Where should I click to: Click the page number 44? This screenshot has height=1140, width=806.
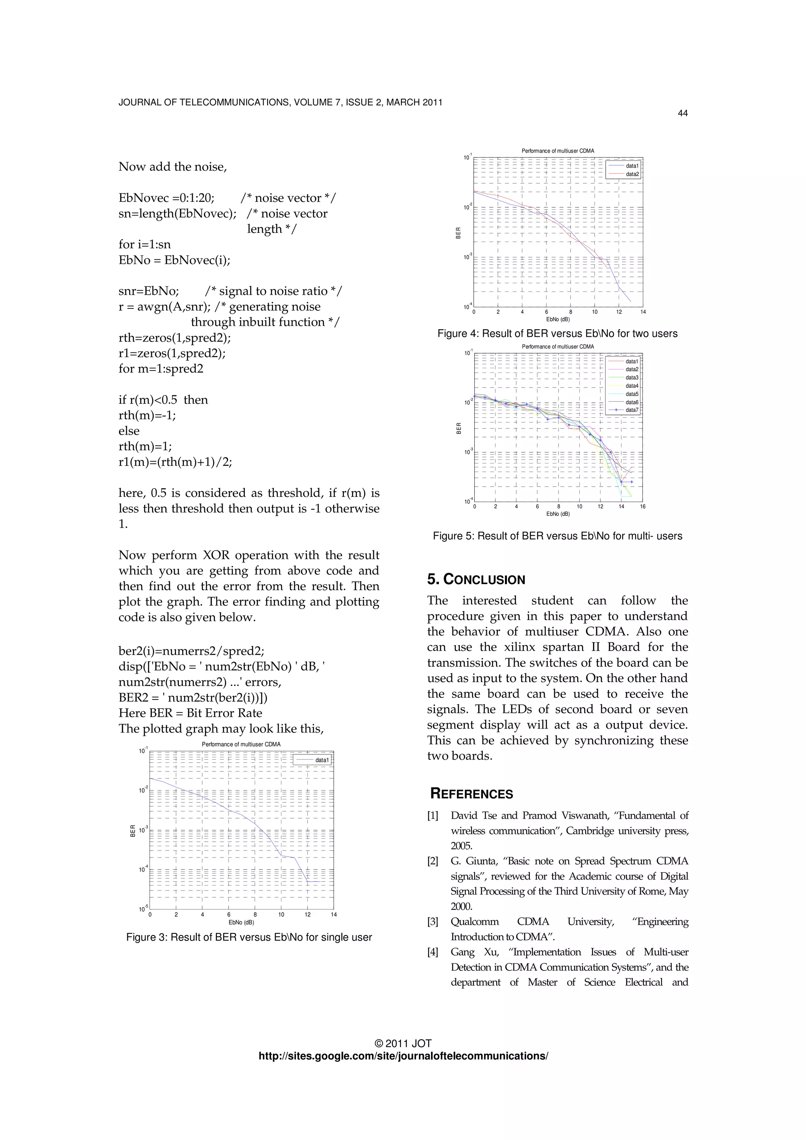tap(682, 113)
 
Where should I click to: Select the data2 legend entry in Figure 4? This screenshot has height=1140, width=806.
tap(632, 174)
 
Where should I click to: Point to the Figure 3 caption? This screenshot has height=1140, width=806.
tap(249, 937)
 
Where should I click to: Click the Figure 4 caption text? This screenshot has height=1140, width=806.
tap(557, 334)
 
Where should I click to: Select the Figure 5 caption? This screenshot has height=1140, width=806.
tap(557, 536)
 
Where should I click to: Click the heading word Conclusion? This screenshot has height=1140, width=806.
tap(484, 579)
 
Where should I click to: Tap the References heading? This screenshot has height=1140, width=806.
tap(471, 793)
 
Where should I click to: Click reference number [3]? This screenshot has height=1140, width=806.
tap(433, 922)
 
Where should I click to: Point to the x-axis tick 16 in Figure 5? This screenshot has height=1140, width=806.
tap(643, 506)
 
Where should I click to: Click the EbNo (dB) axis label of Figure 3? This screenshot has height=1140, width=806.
tap(241, 922)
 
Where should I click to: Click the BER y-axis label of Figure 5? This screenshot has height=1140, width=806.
tap(459, 428)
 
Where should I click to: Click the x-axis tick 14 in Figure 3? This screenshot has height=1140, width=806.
tap(333, 914)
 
